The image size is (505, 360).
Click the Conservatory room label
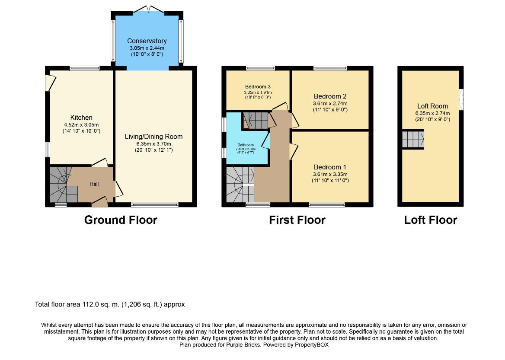(x=147, y=41)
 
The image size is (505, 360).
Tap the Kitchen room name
(x=81, y=118)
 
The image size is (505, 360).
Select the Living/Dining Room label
(x=153, y=137)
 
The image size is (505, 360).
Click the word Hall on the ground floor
(x=94, y=184)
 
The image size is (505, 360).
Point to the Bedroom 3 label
(x=258, y=86)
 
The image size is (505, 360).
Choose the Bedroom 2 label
(x=330, y=96)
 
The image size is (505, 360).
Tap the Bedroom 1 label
(x=330, y=167)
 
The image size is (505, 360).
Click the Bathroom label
(x=246, y=145)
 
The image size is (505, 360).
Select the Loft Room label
(x=432, y=106)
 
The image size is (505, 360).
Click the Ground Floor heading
(x=121, y=220)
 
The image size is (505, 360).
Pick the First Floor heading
(x=297, y=220)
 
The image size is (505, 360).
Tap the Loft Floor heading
(x=431, y=220)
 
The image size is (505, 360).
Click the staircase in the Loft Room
(x=413, y=140)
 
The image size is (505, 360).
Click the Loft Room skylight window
(x=461, y=99)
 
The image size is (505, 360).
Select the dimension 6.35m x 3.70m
(x=153, y=144)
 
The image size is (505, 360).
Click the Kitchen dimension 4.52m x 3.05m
(x=81, y=125)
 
